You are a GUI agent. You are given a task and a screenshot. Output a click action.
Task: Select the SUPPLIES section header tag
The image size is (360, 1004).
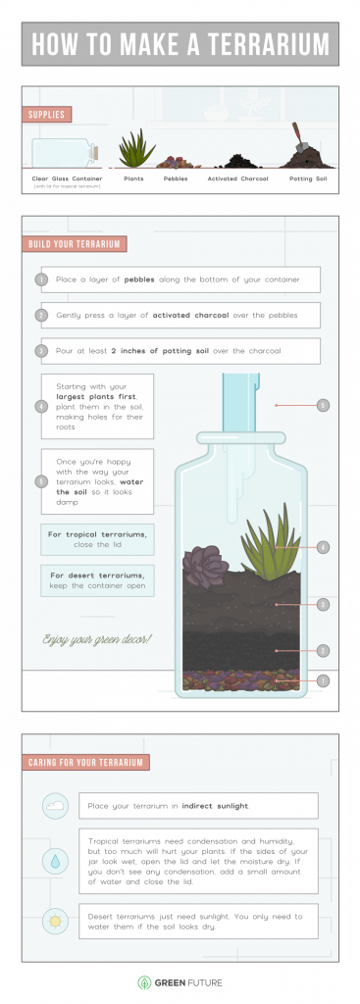pyautogui.click(x=47, y=115)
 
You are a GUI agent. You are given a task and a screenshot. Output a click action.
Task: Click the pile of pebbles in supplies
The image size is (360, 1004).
pyautogui.click(x=177, y=161)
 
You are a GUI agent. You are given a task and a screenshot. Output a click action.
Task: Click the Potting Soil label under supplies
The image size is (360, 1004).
pyautogui.click(x=309, y=179)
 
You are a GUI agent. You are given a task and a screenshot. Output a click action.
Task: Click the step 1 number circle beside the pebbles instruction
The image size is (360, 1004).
pyautogui.click(x=41, y=279)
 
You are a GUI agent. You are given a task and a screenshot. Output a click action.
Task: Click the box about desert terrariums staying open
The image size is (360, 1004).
pyautogui.click(x=97, y=579)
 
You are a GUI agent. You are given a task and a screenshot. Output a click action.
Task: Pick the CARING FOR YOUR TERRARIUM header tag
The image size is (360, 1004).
pyautogui.click(x=85, y=762)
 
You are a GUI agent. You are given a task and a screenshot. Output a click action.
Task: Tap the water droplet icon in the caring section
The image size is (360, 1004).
pyautogui.click(x=55, y=861)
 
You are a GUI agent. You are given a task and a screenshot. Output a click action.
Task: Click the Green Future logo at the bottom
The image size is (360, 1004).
pyautogui.click(x=180, y=980)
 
